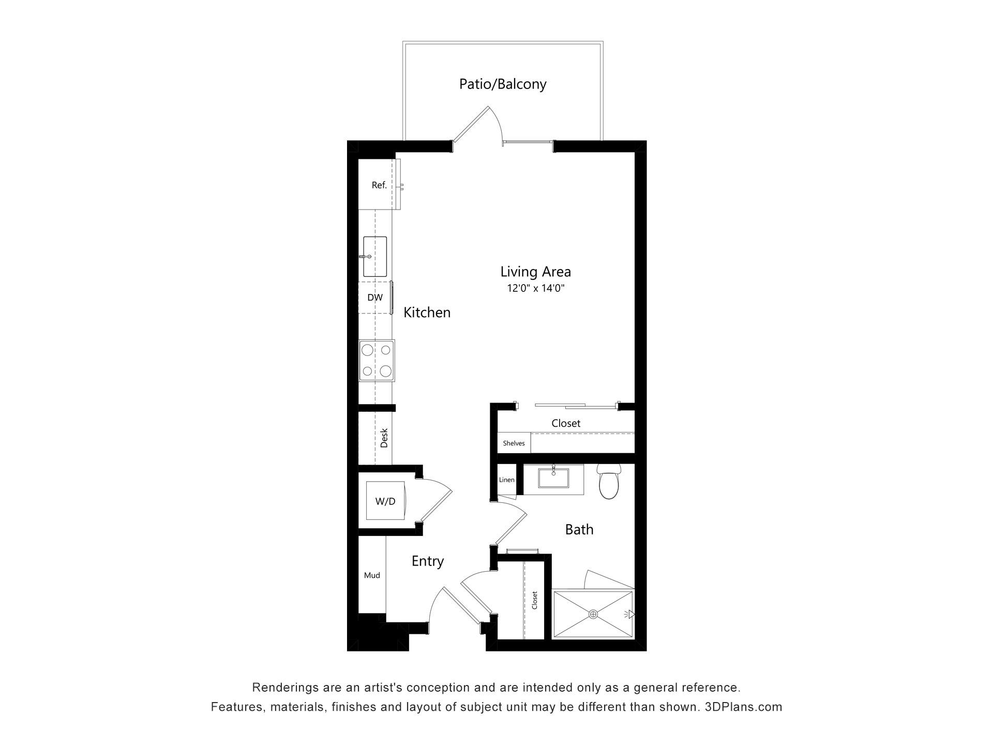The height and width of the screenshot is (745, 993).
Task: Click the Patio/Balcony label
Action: pos(503,84)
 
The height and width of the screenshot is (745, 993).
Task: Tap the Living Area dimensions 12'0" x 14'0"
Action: pos(535,288)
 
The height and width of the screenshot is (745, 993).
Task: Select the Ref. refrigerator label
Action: pos(379,185)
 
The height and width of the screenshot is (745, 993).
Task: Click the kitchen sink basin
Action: pos(375,257)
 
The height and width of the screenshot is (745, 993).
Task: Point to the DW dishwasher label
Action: pos(375,297)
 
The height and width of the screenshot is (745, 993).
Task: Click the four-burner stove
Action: pos(377,361)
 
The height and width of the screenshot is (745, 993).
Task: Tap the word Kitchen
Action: pos(427,312)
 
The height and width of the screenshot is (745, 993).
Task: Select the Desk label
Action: pos(384,438)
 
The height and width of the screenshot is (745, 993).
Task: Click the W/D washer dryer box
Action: pos(385,501)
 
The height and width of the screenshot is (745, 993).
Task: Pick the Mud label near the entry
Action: pos(372,575)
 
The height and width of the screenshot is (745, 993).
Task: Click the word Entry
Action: pos(428,561)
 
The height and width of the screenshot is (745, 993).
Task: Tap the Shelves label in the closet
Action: pos(514,443)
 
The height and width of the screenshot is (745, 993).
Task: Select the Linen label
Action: pos(507,480)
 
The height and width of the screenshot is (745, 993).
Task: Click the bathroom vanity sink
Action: pos(553,478)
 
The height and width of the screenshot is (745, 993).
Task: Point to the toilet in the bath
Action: pos(609,481)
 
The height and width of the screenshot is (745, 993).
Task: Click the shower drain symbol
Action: pos(593,614)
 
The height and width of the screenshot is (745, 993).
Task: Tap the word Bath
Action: pos(579,529)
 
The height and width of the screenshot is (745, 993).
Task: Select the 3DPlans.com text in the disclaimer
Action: pos(744,707)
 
